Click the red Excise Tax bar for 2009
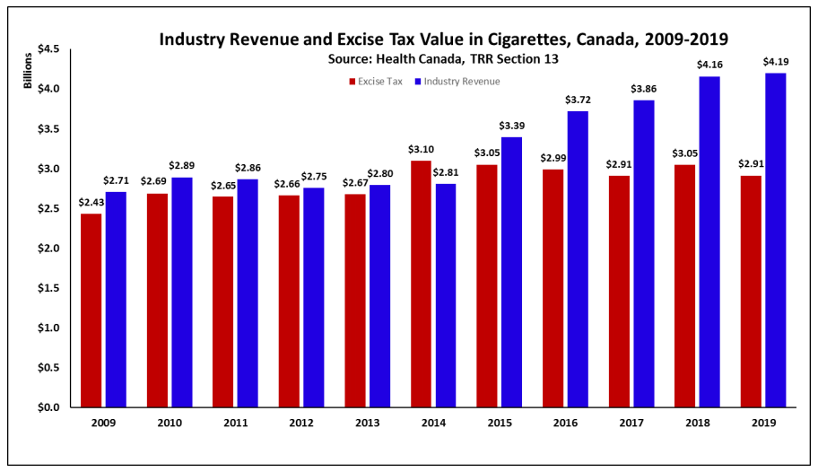coord(91,310)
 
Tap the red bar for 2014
coord(421,284)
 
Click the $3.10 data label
coord(421,148)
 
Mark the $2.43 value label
coord(91,201)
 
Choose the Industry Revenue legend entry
coord(457,82)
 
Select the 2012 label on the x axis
coord(300,422)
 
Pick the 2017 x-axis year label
coord(631,422)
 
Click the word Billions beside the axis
coord(27,73)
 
